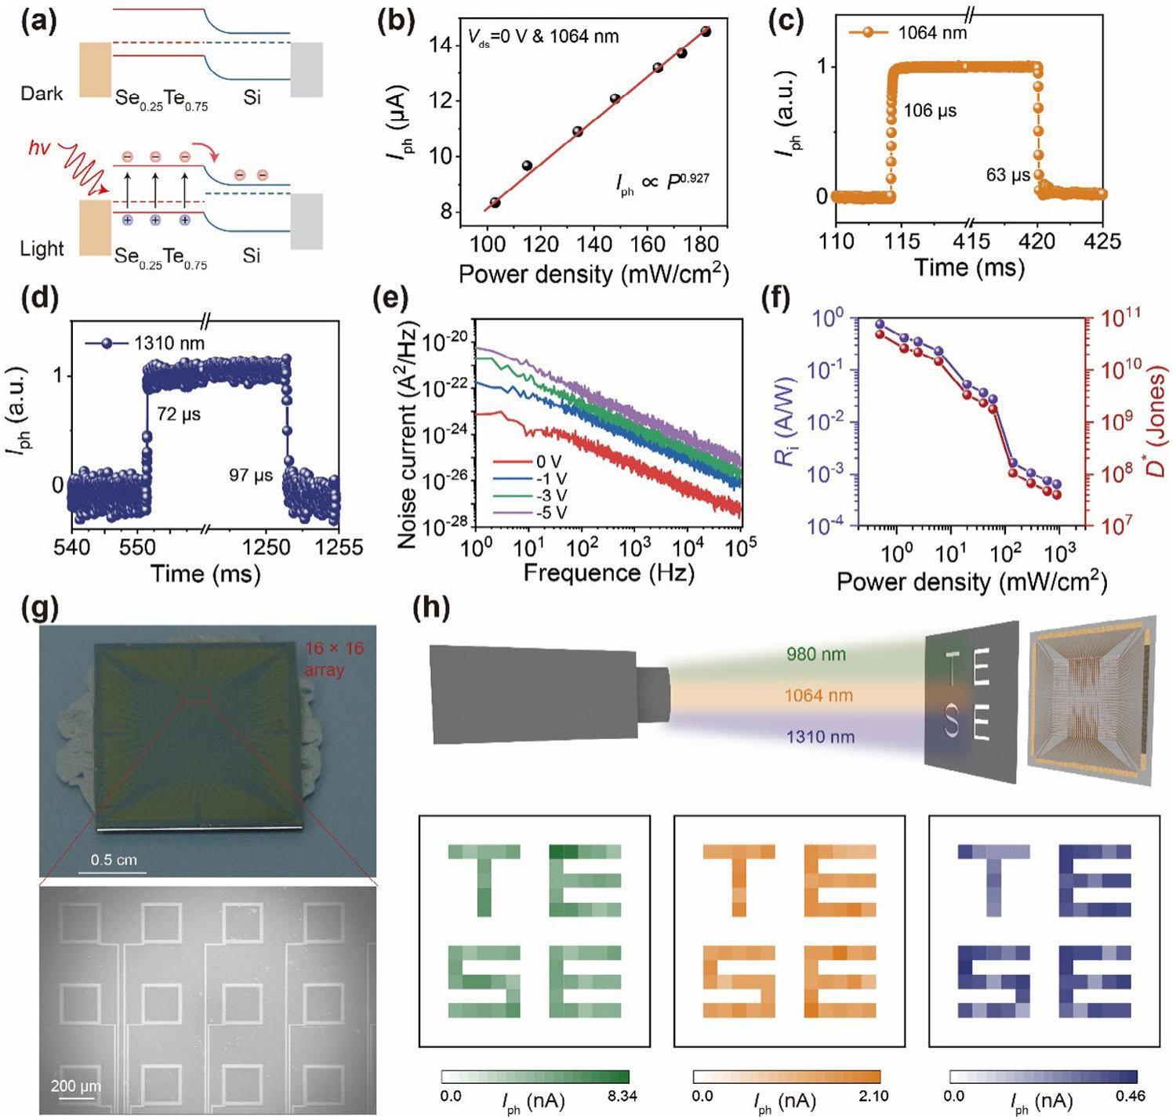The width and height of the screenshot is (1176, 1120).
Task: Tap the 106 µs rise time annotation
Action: pos(930,111)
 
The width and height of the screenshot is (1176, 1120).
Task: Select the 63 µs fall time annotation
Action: pos(1007,176)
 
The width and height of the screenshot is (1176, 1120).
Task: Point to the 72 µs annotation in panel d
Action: pos(179,414)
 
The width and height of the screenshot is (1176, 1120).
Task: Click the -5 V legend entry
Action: pos(548,513)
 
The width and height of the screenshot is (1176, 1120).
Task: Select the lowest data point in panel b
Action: pos(495,202)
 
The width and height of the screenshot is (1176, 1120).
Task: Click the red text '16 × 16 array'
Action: pos(335,659)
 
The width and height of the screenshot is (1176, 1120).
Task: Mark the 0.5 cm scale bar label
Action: pos(114,860)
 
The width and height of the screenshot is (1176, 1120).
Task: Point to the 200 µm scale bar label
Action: pos(76,1086)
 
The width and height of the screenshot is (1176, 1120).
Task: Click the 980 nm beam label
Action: pos(816,654)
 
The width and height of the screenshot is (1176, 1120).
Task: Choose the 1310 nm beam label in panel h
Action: pos(820,737)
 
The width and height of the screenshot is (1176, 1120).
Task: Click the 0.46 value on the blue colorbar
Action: pos(1130,1096)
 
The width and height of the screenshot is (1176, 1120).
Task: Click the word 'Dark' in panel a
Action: pos(42,94)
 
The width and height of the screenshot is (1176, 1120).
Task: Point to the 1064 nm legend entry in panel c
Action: pos(932,33)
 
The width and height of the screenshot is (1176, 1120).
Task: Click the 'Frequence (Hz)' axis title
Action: pos(608,573)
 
